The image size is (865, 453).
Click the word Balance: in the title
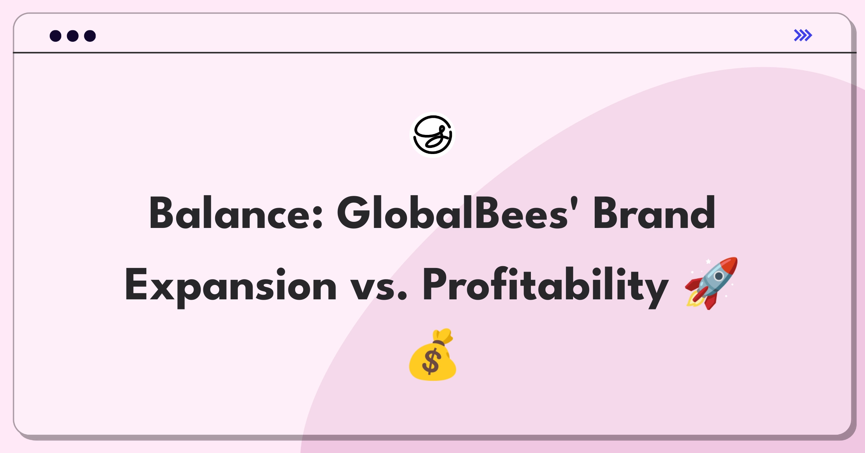(236, 213)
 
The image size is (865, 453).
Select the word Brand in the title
(654, 213)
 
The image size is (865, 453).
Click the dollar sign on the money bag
(431, 362)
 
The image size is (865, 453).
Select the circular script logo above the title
(432, 135)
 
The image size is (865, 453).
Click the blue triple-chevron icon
(803, 35)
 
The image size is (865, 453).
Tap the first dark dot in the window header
(56, 36)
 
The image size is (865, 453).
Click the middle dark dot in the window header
(73, 36)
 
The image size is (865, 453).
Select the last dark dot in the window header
(90, 36)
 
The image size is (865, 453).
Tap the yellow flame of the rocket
(694, 300)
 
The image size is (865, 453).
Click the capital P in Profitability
(435, 284)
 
